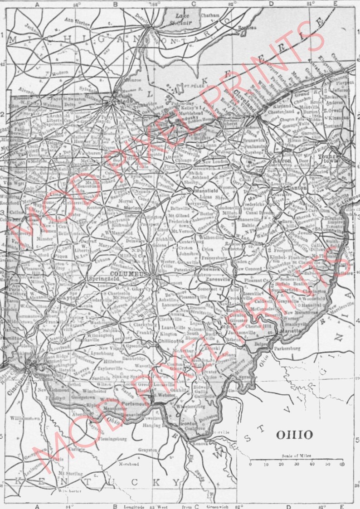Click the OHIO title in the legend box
(294, 435)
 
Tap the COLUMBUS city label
(131, 274)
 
